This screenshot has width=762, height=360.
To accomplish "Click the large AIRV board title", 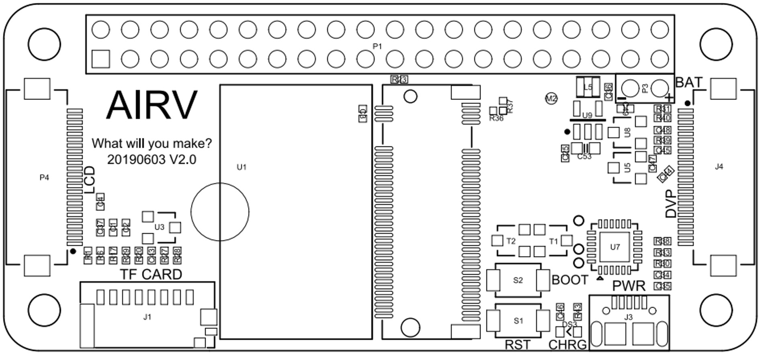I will coord(152,105).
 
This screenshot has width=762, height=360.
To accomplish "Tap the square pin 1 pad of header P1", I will coord(100,59).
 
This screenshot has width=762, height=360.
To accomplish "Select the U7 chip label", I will coord(615,247).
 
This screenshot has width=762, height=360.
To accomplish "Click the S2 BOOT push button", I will coord(518,280).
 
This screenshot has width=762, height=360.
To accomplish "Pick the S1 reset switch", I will coord(518,321).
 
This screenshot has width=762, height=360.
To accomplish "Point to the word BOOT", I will coord(570,280).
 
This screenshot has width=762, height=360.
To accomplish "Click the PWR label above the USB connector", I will coord(629,286).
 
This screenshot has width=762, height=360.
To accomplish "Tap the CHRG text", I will coord(567,345).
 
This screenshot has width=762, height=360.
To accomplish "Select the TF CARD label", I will coord(151,274).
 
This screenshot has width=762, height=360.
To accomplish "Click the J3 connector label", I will coord(628,317).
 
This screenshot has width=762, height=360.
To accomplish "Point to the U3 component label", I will coord(160,227).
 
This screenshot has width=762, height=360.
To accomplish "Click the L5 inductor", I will coord(588,87).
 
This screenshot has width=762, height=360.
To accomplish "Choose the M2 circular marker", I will coord(551,98).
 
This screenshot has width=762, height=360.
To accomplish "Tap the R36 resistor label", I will coord(496,119).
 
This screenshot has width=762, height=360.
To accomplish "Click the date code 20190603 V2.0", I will coord(152,160).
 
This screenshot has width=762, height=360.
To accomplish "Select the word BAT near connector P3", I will coord(689,83).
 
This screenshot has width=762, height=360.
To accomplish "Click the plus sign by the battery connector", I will coord(669,98).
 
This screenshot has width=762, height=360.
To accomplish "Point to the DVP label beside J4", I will coord(671,204).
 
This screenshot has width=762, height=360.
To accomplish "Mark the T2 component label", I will coord(511,241).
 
